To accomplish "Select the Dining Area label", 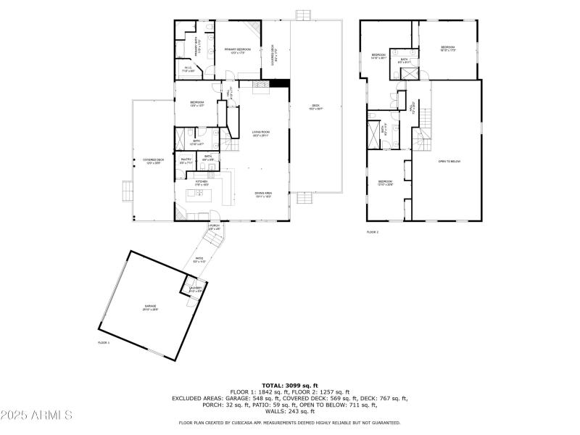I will pos(263,194).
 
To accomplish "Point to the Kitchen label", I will pos(201,183).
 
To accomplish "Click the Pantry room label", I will pos(186,161).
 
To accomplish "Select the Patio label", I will pos(199,260).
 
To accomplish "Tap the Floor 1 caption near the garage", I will pos(104,342).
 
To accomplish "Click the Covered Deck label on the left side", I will pos(152,161).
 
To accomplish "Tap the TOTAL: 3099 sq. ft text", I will pos(289,386).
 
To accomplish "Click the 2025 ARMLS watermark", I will pos(36,415).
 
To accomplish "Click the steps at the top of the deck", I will pos(304,14).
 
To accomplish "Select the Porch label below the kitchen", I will pos(214,228).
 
